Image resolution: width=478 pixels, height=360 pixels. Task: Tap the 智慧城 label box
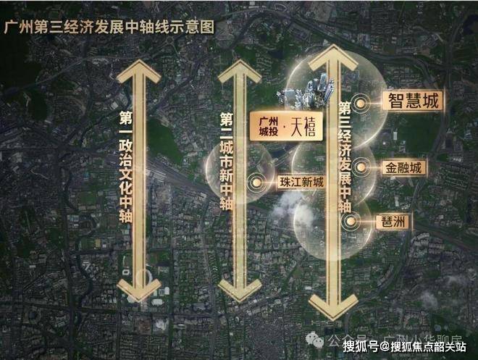click(411, 101)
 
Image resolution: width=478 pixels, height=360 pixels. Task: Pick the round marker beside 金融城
click(357, 167)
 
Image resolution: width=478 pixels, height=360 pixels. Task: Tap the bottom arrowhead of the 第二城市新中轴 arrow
click(240, 291)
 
